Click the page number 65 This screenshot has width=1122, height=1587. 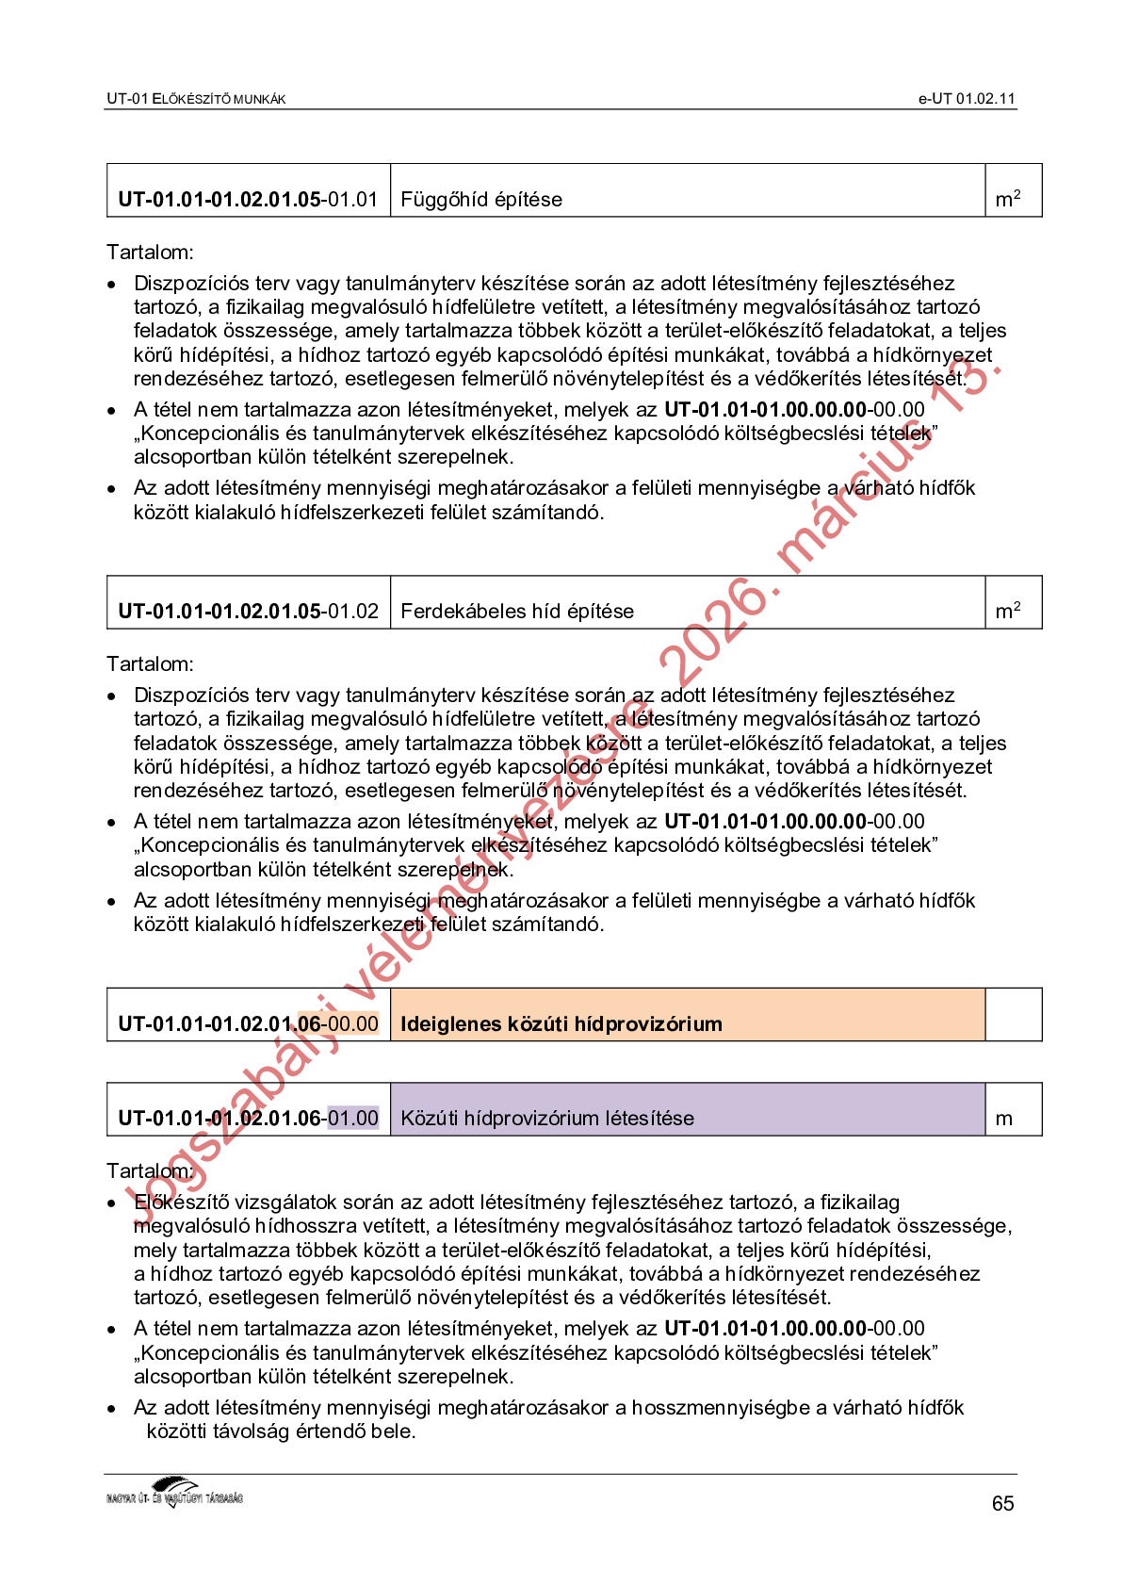tap(1002, 1503)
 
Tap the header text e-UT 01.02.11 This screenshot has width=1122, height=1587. tap(967, 99)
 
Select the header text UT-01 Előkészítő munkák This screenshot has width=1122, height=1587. tap(196, 99)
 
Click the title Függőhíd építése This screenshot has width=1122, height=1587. tap(481, 200)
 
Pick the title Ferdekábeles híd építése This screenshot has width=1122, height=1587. tap(517, 612)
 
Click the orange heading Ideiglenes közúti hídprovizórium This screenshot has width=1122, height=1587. tap(561, 1024)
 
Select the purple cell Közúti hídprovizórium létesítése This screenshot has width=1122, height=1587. tap(547, 1119)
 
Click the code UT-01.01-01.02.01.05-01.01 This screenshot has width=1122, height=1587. tap(248, 200)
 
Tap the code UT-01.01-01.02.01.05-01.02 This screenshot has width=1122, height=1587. tap(248, 612)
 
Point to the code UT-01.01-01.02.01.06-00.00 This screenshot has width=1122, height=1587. tap(248, 1024)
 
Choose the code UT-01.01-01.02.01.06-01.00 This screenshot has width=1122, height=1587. tap(248, 1119)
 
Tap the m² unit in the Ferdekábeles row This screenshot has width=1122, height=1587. tap(1008, 612)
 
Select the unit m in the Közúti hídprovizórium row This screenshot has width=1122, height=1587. tap(1004, 1120)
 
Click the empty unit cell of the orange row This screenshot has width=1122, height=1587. tap(1014, 1015)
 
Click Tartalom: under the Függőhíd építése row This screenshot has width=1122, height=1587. tap(151, 253)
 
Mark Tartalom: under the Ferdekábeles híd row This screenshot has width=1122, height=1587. tap(151, 664)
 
